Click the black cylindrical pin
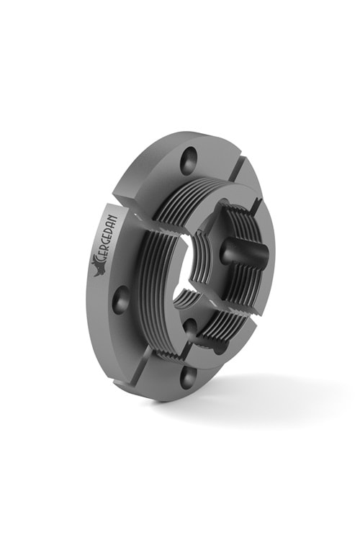pyautogui.click(x=243, y=252)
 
